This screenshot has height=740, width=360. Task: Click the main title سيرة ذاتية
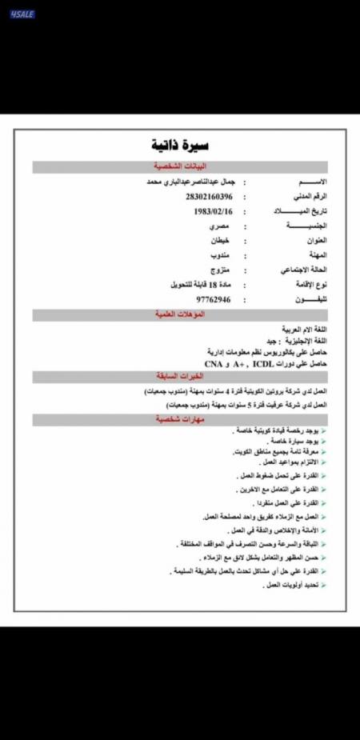coord(180,145)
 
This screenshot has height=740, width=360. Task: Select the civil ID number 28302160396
coord(209,196)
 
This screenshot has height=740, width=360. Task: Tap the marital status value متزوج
coord(218,270)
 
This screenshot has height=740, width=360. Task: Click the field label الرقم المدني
coord(312,196)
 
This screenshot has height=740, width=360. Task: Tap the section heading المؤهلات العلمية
coord(180,314)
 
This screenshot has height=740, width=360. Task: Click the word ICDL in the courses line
coord(262,363)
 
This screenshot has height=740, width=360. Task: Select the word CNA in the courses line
coord(213,363)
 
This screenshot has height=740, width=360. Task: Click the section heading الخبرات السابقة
coord(180,376)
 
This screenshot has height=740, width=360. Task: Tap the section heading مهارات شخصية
coord(180,419)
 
